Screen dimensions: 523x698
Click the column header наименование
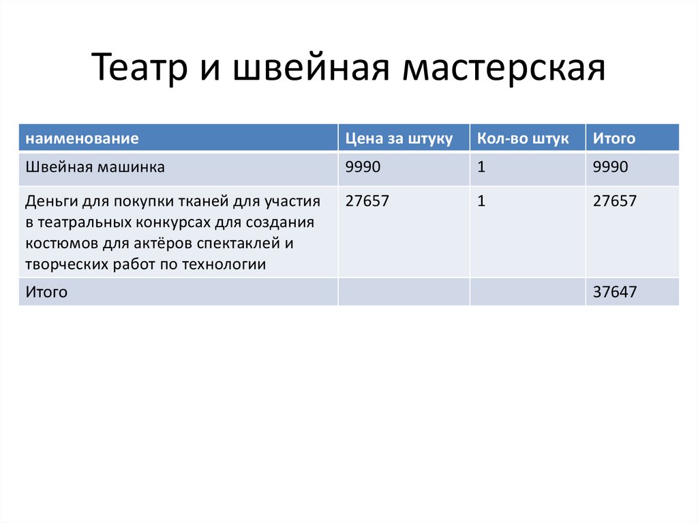(x=82, y=138)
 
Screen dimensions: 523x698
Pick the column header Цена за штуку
(x=399, y=138)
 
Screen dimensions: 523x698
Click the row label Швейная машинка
(x=95, y=167)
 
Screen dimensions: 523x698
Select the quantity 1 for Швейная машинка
(x=481, y=167)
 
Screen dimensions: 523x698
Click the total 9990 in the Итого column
(x=611, y=167)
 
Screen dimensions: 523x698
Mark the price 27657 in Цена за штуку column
(x=368, y=201)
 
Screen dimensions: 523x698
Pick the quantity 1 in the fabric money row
(x=481, y=201)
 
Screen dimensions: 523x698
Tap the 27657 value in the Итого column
(x=615, y=201)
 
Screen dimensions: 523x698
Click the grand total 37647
(x=615, y=293)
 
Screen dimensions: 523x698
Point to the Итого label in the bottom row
(x=46, y=293)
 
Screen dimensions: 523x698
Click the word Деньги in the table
(x=52, y=201)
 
